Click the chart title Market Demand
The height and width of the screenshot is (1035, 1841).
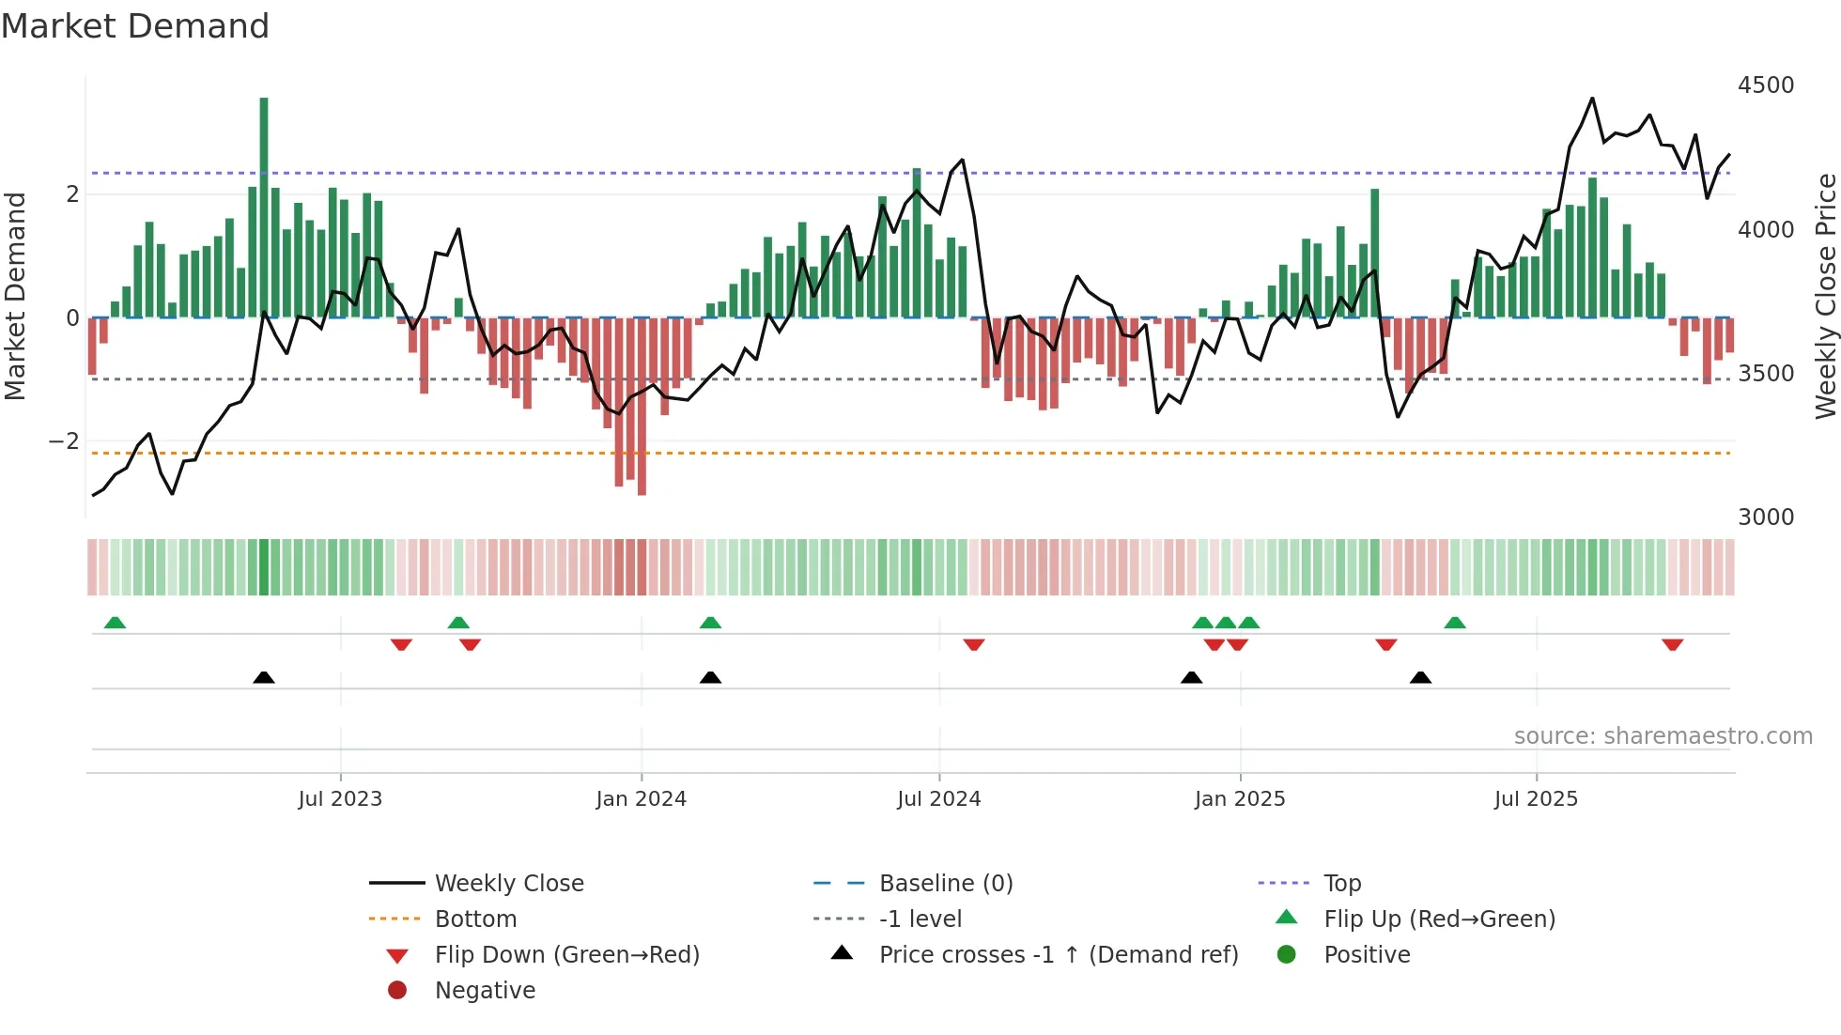(135, 26)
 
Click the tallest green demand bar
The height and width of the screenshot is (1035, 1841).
(264, 207)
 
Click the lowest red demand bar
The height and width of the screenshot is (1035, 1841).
(642, 406)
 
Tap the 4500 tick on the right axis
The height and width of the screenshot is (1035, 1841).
(1766, 85)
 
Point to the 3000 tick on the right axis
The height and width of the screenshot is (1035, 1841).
(1766, 517)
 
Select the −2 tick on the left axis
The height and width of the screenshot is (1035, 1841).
(64, 441)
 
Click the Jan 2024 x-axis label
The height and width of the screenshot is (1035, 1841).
(642, 799)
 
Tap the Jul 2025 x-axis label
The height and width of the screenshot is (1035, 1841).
(1536, 799)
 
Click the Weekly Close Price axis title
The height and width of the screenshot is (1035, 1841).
(1825, 296)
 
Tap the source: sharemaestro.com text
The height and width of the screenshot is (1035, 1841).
(1663, 736)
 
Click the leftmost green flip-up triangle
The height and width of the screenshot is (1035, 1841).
(115, 623)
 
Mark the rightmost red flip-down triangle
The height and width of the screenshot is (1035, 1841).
(1672, 644)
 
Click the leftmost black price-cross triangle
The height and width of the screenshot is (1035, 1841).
(264, 677)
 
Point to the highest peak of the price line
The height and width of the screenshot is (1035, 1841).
(1592, 99)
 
